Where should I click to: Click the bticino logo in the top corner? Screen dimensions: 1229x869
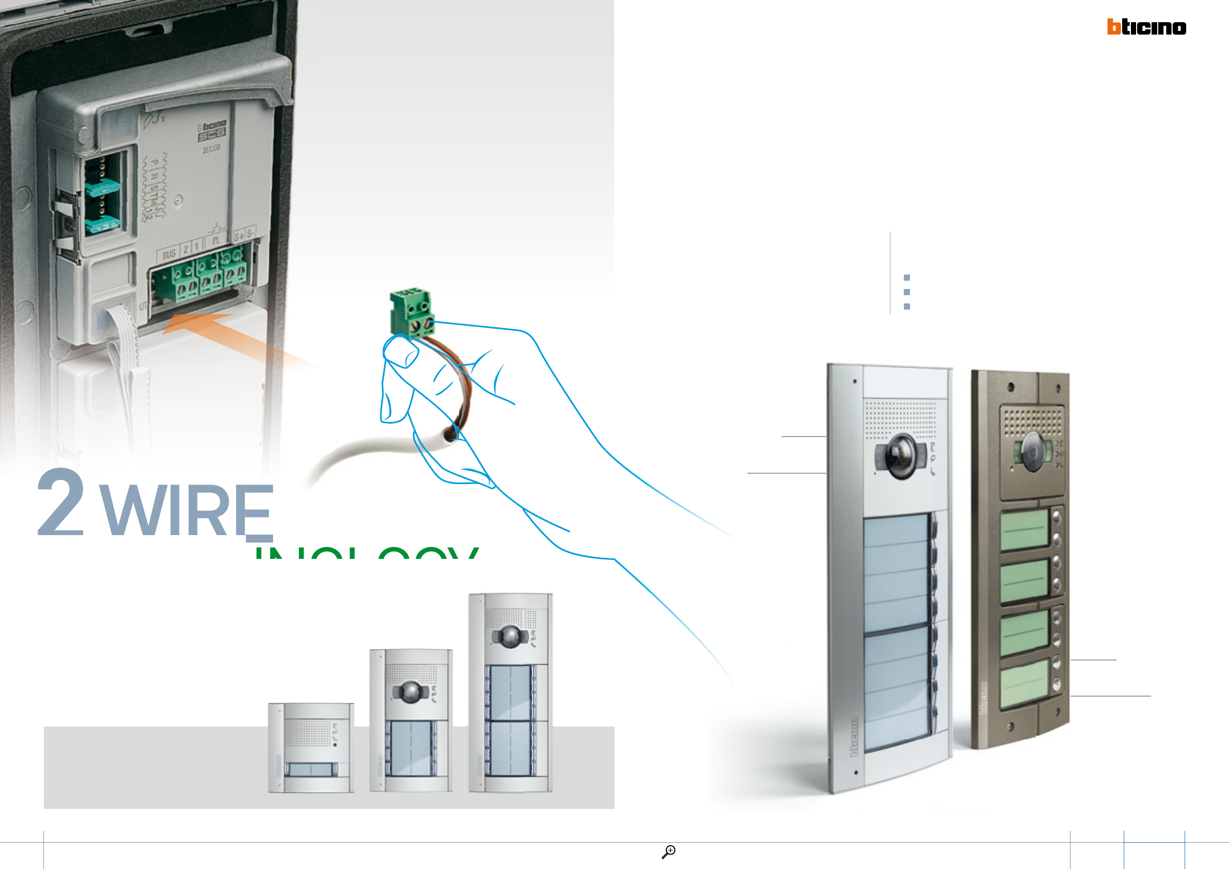[1146, 27]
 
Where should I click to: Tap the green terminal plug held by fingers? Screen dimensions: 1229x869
[411, 312]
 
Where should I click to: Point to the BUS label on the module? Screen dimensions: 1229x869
[169, 254]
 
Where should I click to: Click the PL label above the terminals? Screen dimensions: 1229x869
[216, 241]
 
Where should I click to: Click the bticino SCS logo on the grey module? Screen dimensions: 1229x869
[213, 131]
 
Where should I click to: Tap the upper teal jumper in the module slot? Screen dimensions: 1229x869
[102, 188]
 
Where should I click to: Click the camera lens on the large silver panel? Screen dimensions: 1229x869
[901, 455]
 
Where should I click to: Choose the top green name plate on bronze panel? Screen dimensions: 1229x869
[1025, 529]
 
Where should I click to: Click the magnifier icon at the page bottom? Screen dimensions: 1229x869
[668, 851]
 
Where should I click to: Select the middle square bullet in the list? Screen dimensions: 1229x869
[907, 292]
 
